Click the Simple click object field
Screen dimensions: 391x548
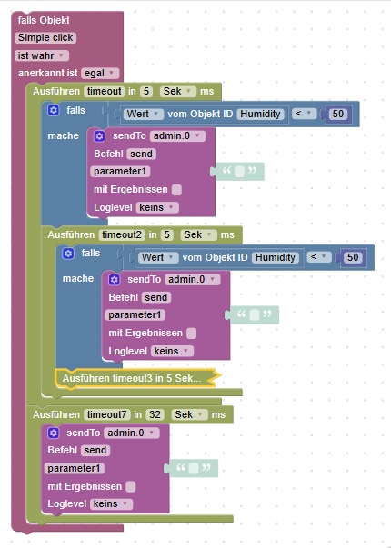tap(45, 38)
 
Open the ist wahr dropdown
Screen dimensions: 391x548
tap(42, 55)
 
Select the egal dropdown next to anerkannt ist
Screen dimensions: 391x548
tap(100, 74)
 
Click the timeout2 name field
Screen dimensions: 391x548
tap(122, 234)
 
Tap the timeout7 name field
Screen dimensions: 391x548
tap(106, 414)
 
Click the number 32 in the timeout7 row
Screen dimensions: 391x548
tap(155, 414)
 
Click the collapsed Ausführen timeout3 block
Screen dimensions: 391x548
tap(137, 378)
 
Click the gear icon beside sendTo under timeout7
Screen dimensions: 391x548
tap(53, 433)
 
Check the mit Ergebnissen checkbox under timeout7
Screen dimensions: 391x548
tap(130, 486)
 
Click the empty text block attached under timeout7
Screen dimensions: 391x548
tap(193, 468)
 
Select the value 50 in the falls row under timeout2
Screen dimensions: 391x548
tap(353, 257)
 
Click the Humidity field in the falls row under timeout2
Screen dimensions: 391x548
tap(275, 257)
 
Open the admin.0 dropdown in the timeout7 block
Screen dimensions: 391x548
tap(132, 433)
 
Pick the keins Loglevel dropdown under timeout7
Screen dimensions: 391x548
tap(111, 504)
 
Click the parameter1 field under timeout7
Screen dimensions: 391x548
tap(75, 468)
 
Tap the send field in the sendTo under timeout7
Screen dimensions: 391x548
tap(95, 450)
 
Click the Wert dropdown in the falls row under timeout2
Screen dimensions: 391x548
tap(158, 257)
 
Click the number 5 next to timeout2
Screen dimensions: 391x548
tap(166, 234)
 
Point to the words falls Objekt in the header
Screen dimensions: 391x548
tap(44, 20)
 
